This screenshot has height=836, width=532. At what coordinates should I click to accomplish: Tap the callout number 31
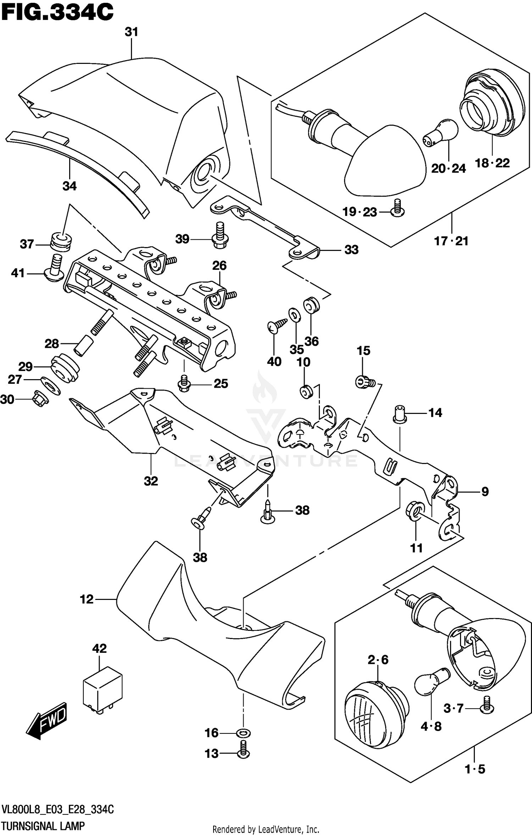click(x=131, y=32)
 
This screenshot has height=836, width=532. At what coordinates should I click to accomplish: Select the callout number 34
click(x=70, y=186)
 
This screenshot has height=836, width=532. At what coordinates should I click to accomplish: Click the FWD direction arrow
click(x=46, y=721)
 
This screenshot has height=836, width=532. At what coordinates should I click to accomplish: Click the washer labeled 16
click(x=243, y=733)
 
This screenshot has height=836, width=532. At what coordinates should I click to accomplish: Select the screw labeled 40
click(x=277, y=326)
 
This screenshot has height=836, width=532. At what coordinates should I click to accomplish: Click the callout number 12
click(x=87, y=600)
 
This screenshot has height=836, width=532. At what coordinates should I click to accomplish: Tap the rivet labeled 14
click(x=400, y=414)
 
